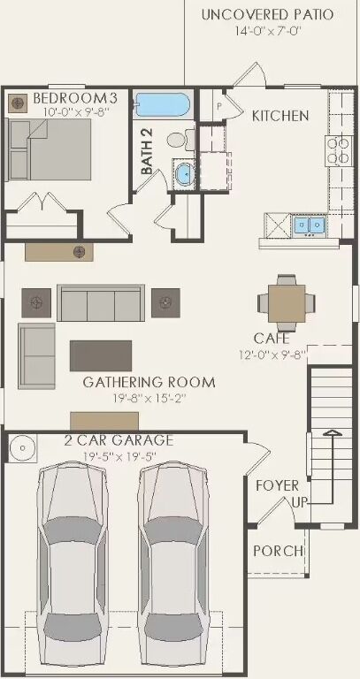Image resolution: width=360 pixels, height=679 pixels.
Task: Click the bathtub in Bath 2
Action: point(162,106)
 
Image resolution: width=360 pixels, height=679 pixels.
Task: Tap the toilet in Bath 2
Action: point(176,139)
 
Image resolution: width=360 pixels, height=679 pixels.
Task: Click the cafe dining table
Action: point(287,301)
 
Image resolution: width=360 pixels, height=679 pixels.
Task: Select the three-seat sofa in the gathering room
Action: point(100,302)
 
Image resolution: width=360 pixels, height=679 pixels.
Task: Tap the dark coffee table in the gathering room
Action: point(100,355)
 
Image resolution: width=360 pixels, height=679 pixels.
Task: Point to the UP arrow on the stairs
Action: point(332,435)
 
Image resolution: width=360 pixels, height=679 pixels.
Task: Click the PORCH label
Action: point(278,551)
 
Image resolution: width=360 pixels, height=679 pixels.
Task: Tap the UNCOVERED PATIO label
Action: point(267,14)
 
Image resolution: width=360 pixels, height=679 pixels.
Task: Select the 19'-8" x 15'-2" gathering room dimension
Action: point(149,399)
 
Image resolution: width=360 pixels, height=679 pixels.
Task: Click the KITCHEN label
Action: point(280,116)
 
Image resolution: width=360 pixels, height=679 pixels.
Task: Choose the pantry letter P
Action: point(218,106)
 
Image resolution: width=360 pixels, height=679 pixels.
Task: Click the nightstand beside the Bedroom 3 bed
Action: point(18,103)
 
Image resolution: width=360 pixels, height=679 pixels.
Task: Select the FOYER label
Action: point(277,485)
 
